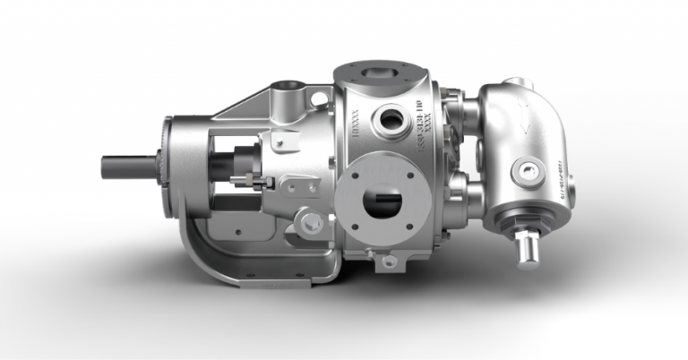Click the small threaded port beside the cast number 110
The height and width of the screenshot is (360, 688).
[392, 117]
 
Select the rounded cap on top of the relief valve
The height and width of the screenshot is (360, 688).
[518, 85]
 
